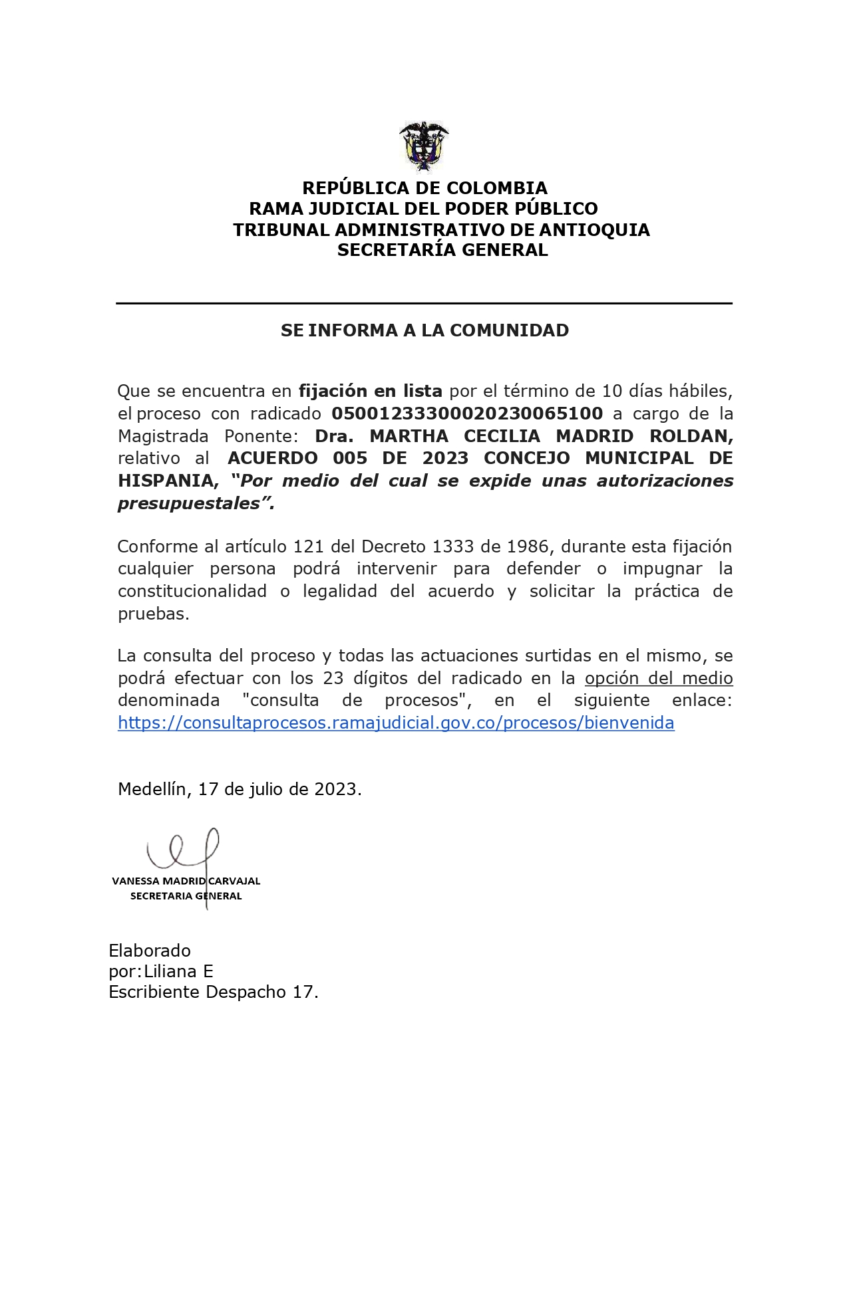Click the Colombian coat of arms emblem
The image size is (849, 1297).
click(x=424, y=146)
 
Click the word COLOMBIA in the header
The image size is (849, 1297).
click(x=496, y=188)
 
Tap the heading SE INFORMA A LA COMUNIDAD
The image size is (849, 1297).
click(x=424, y=330)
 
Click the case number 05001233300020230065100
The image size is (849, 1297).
click(x=467, y=413)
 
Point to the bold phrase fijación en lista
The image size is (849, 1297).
click(x=370, y=391)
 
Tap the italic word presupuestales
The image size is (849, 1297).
click(x=192, y=503)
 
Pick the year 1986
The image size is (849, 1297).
click(x=528, y=546)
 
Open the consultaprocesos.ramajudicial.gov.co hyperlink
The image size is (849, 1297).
click(x=396, y=723)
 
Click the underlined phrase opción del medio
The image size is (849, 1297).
click(x=659, y=678)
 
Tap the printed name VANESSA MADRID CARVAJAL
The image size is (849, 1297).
click(x=186, y=881)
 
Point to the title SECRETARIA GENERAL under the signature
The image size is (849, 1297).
click(x=186, y=896)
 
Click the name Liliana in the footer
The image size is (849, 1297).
click(x=172, y=971)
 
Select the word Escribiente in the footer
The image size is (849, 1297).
click(x=154, y=992)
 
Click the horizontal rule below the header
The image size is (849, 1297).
click(x=424, y=304)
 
